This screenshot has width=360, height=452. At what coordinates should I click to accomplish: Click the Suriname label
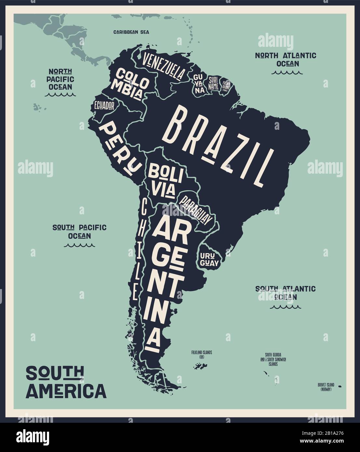tap(213, 83)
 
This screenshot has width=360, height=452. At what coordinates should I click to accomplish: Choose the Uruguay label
tap(209, 259)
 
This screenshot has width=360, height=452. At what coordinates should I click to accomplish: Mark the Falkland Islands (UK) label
tap(202, 354)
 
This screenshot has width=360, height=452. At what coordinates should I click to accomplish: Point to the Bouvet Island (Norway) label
tap(326, 386)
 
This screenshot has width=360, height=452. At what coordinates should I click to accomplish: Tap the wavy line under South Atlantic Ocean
tap(285, 306)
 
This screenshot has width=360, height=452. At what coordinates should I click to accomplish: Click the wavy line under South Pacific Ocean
tap(79, 245)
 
